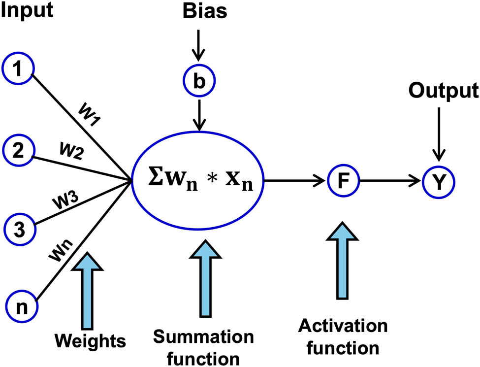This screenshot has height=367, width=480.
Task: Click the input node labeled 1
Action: point(18,71)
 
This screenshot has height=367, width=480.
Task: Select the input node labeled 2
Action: point(18,149)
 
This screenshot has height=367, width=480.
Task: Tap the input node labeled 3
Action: point(19,229)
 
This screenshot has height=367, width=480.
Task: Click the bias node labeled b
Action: point(199,81)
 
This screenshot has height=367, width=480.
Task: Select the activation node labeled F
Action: point(344,180)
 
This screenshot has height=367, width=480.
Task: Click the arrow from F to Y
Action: point(391,181)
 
